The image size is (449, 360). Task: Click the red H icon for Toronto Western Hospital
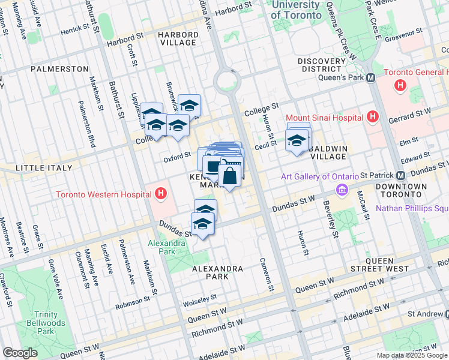160,194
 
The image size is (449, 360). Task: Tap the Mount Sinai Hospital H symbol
373,117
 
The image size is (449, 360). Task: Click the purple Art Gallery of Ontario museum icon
342,190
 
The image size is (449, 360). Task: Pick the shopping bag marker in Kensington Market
230,176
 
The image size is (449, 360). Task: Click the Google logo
20,352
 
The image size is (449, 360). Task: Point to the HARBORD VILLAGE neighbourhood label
178,39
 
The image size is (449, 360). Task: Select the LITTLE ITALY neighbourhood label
38,167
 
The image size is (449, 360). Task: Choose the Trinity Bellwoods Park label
37,323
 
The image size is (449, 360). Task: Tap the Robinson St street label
133,300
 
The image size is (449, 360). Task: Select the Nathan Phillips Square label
412,209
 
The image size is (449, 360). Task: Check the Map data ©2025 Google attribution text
411,355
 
